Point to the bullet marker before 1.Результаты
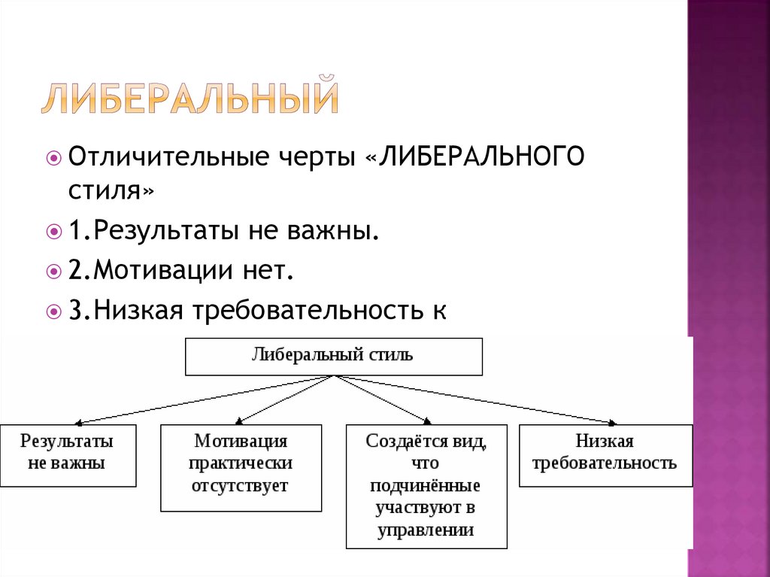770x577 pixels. pyautogui.click(x=53, y=232)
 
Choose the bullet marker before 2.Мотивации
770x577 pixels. pyautogui.click(x=53, y=272)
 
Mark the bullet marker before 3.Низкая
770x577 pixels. pyautogui.click(x=53, y=311)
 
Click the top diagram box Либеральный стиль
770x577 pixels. pyautogui.click(x=333, y=357)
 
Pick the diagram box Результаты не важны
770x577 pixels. pyautogui.click(x=68, y=454)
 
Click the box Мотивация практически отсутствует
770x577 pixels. pyautogui.click(x=241, y=467)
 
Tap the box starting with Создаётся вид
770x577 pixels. pyautogui.click(x=426, y=485)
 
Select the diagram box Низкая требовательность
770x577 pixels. pyautogui.click(x=605, y=454)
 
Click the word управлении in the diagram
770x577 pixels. pyautogui.click(x=426, y=530)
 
